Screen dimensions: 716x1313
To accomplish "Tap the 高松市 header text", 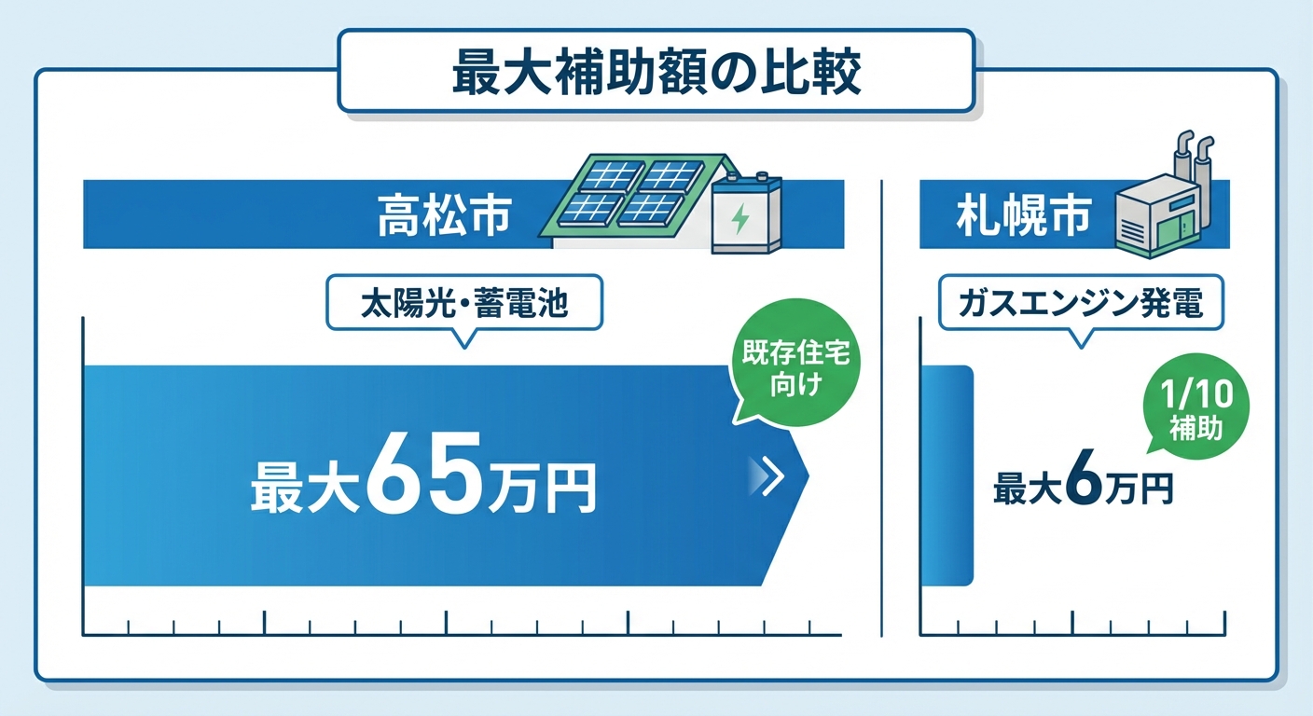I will (444, 214).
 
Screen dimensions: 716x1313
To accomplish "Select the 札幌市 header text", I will (1022, 214).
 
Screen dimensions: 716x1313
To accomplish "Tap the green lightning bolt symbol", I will (740, 220).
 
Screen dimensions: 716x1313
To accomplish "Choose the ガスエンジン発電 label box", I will (1081, 304).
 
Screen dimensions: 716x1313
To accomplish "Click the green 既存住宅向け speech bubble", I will (795, 370).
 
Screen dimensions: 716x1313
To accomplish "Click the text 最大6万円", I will (1082, 486).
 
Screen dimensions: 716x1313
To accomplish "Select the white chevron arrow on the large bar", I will (766, 475).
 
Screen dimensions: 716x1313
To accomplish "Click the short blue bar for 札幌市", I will (947, 475).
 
